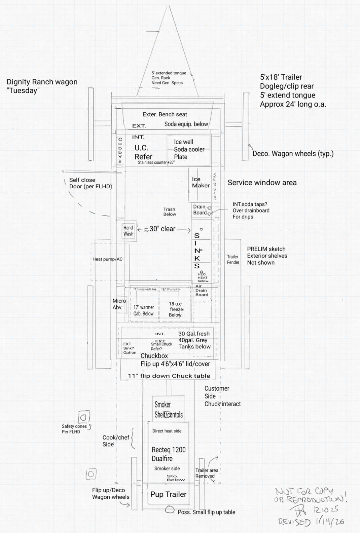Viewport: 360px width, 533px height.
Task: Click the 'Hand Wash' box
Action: [x=128, y=231]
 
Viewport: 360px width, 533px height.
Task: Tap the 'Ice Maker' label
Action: [x=201, y=182]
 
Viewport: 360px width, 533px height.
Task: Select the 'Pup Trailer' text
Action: [x=168, y=494]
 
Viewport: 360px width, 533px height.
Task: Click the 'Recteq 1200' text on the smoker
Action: [x=169, y=450]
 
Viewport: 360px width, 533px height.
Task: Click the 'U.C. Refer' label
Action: [x=143, y=152]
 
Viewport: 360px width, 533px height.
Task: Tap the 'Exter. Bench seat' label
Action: [x=165, y=114]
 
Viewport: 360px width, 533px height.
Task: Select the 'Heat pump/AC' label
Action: [x=107, y=259]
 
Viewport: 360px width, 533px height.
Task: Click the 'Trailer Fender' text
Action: [x=233, y=259]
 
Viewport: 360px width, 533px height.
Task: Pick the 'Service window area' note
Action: [x=262, y=183]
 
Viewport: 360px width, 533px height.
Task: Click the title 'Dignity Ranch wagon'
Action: [x=42, y=82]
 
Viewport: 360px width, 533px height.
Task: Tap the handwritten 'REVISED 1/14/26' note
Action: [x=311, y=522]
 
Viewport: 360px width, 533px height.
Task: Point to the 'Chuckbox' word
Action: [x=154, y=356]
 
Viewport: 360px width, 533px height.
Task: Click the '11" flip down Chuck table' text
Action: [x=169, y=376]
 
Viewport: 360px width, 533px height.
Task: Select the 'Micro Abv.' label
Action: [x=119, y=304]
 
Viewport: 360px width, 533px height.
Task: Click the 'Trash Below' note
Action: [x=169, y=212]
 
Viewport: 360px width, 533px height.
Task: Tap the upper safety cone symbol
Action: [x=84, y=417]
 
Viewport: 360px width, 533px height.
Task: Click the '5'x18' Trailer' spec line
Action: [x=281, y=77]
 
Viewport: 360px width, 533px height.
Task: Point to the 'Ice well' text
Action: [x=183, y=142]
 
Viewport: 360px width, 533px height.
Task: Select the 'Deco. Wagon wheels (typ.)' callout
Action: [x=293, y=154]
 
